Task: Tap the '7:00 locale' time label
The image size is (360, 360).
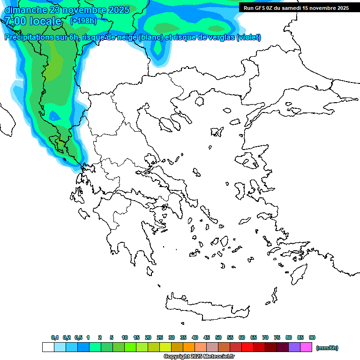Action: pos(33,21)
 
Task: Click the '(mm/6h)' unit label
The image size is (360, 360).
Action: pos(327,348)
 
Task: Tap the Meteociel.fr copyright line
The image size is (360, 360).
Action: pos(199,357)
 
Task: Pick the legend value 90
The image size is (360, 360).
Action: pos(312,337)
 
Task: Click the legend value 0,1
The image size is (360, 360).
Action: pos(55,337)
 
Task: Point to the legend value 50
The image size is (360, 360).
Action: pos(218,337)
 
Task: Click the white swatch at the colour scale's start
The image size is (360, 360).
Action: pos(48,347)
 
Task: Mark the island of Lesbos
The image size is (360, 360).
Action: pos(248,161)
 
